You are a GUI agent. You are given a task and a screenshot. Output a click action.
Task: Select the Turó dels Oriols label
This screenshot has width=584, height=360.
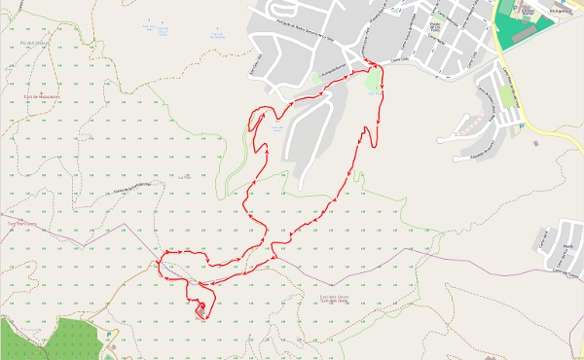(335, 302)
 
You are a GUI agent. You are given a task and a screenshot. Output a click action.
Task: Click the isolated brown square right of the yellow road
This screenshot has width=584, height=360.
(536, 143)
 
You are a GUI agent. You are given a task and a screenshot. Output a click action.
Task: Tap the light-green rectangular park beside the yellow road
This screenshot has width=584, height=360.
(505, 96)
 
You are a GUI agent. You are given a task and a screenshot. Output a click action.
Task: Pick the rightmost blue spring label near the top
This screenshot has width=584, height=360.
(216, 36)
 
